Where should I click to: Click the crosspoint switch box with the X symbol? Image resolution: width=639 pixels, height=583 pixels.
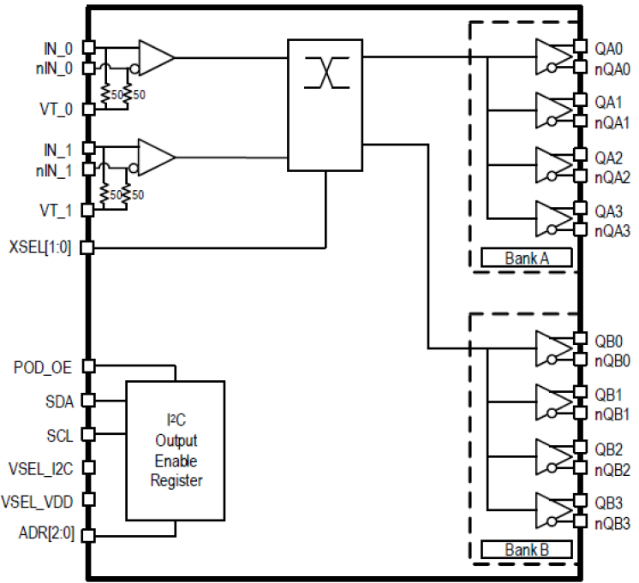click(x=325, y=104)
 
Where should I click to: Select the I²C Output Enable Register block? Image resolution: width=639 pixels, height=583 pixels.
click(x=175, y=449)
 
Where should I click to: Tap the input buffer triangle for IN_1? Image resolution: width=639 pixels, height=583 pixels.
click(x=155, y=158)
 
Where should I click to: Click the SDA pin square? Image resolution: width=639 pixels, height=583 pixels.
click(x=89, y=400)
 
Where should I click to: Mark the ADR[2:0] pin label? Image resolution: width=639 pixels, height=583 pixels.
click(x=47, y=534)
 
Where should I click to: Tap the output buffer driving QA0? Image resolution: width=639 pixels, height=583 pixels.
click(x=552, y=57)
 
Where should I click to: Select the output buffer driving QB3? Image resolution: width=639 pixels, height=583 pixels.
click(x=552, y=512)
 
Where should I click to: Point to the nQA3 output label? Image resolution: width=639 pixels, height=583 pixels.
click(x=612, y=230)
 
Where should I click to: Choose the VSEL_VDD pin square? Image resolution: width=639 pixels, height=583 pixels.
click(x=89, y=500)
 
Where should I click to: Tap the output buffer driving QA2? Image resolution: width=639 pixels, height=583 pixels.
click(x=552, y=166)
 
